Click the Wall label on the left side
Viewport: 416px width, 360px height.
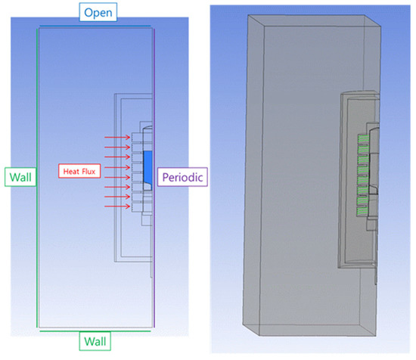19,177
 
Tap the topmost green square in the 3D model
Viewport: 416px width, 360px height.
362,138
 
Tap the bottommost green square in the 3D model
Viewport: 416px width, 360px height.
362,203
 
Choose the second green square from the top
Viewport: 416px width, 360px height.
362,147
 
